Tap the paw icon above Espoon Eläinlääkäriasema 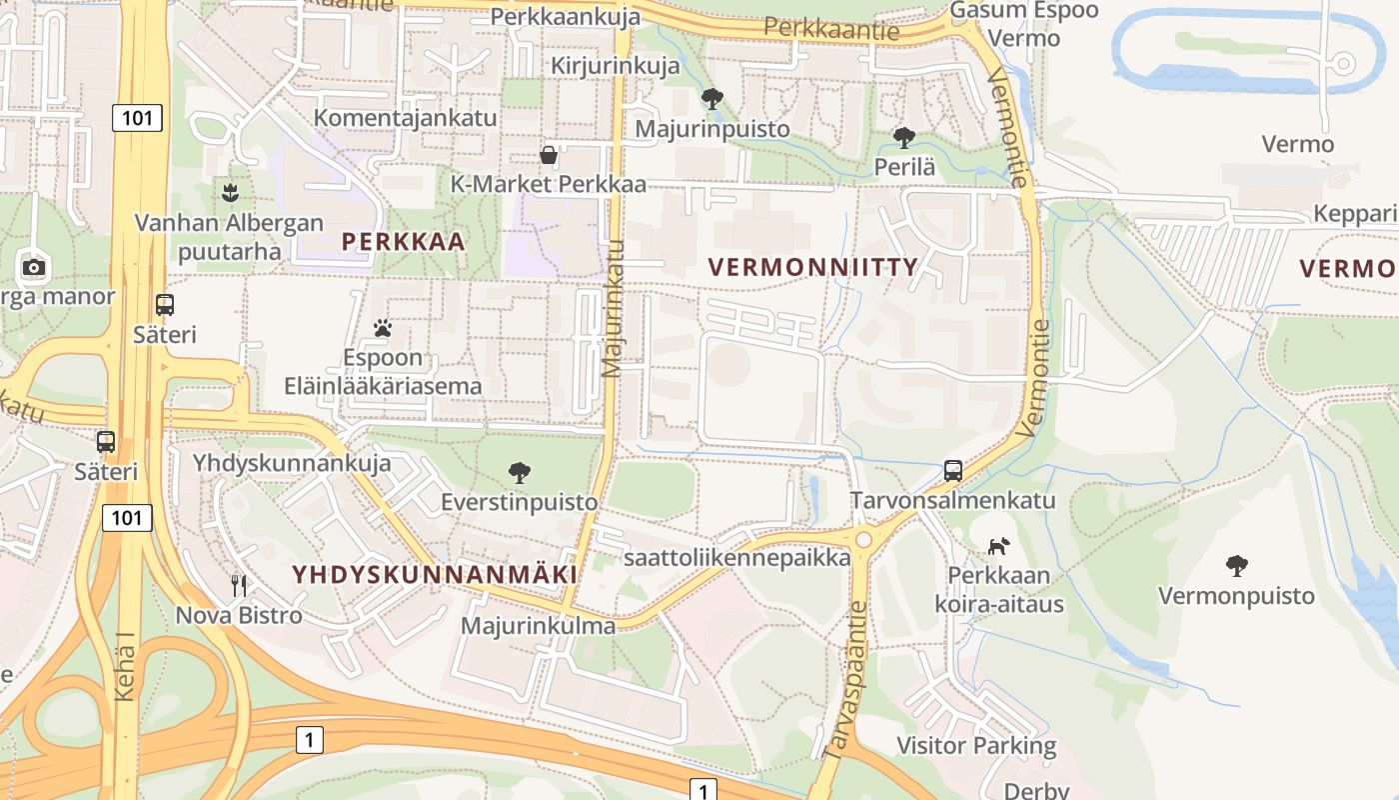coord(382,327)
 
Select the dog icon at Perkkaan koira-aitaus coord(998,545)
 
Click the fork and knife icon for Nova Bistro coord(238,585)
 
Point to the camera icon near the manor coord(34,267)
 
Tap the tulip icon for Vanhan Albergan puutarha coord(231,190)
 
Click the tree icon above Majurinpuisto coord(711,98)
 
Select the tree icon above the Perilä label coord(903,137)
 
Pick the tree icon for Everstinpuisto coord(519,472)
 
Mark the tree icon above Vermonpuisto coord(1236,566)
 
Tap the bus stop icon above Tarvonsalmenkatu coord(952,470)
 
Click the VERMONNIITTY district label coord(812,267)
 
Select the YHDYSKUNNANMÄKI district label coord(434,574)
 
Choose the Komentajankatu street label coord(405,117)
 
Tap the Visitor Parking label coord(975,745)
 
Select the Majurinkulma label coord(538,626)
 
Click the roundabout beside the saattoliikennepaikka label coord(863,539)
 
